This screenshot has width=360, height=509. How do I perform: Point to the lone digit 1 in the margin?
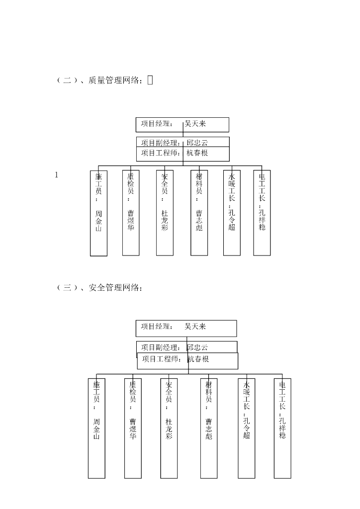[x=57, y=174]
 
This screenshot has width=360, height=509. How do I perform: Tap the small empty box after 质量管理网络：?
[x=150, y=80]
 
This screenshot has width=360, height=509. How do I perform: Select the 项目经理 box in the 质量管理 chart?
[x=182, y=124]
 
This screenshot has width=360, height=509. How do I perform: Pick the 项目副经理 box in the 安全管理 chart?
[x=186, y=347]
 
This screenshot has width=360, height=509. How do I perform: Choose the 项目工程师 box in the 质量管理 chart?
[x=182, y=154]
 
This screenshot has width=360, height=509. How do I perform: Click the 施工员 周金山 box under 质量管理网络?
[x=98, y=213]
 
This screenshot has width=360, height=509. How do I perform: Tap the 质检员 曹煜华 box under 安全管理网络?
[x=133, y=428]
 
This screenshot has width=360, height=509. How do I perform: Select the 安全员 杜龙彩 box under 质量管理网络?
[x=165, y=213]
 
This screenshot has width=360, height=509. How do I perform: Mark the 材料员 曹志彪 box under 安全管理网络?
[x=209, y=428]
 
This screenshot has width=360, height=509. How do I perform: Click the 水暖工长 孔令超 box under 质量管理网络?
[x=232, y=213]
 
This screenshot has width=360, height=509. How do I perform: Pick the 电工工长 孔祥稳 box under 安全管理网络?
[x=282, y=428]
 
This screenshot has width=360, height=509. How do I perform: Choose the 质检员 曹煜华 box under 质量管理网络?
[x=131, y=213]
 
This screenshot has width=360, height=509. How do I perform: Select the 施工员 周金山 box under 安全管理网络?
[x=97, y=428]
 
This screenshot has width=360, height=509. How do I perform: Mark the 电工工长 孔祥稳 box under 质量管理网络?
[x=262, y=213]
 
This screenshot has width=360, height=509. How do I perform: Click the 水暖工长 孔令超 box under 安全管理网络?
[x=247, y=428]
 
